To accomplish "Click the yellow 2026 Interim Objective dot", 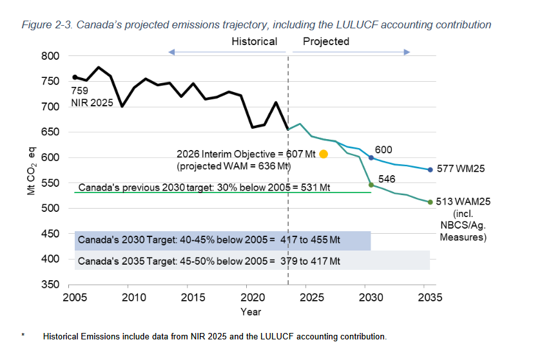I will [x=324, y=154].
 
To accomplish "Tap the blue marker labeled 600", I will [x=371, y=158].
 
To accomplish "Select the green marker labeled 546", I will [x=371, y=185].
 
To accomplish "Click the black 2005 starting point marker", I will [x=75, y=77].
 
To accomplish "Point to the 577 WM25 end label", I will [x=460, y=169].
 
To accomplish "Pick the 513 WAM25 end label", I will [x=463, y=202].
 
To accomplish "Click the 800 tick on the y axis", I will [x=52, y=56].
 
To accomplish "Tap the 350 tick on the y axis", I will [x=52, y=284].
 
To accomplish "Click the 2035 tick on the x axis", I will [x=430, y=298].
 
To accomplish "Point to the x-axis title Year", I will [x=251, y=312].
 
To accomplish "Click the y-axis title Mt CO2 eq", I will [x=30, y=170].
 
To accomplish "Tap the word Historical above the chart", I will [x=255, y=41].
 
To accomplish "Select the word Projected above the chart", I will [x=326, y=41].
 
